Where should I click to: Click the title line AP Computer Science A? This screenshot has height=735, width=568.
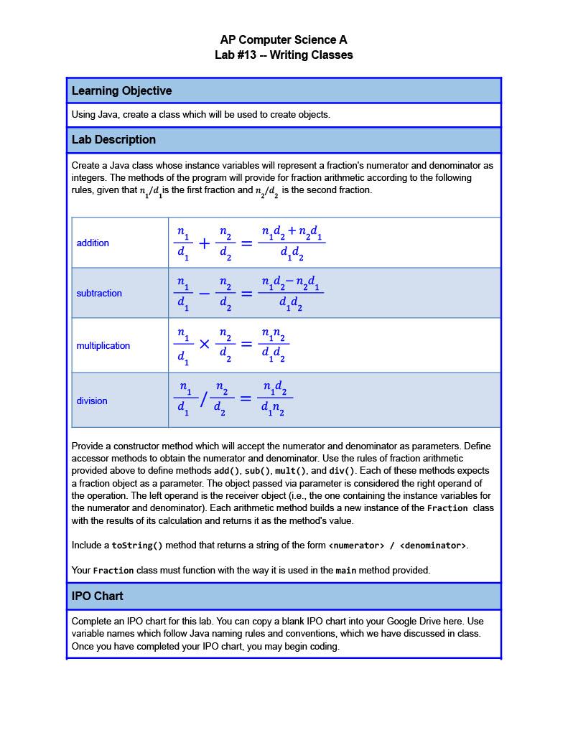point(284,40)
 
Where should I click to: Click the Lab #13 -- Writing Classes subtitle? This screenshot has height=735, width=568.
point(284,55)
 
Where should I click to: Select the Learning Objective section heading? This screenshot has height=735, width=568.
point(121,91)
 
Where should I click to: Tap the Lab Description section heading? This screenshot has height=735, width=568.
point(113,140)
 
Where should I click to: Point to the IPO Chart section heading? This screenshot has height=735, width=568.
point(97,596)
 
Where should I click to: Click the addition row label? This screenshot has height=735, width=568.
point(93,243)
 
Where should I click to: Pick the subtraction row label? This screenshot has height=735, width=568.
point(99,294)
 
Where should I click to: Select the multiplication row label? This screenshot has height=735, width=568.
point(103,346)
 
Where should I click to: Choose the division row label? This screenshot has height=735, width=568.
point(92,401)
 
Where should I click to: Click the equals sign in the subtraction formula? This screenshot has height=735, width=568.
point(246,294)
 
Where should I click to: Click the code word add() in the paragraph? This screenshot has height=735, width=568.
point(227,472)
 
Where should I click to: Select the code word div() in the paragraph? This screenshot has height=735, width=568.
point(343,472)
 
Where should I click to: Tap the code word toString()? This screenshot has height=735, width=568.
point(137,546)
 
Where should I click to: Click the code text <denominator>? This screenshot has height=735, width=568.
point(433,546)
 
